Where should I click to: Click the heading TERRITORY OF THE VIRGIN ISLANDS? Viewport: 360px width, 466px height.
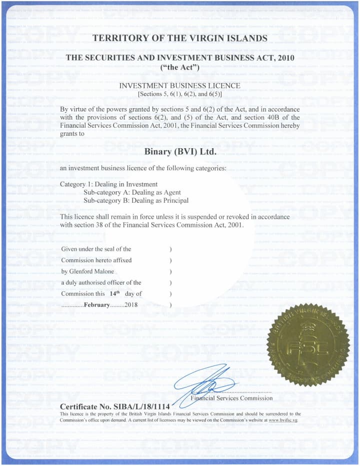pyautogui.click(x=180, y=38)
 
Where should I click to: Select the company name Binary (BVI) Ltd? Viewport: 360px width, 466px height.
pyautogui.click(x=180, y=151)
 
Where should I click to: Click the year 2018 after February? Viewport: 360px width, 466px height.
pyautogui.click(x=131, y=305)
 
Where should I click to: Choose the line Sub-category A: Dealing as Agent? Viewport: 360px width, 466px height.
pyautogui.click(x=132, y=192)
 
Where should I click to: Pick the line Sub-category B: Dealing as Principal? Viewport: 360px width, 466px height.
pyautogui.click(x=135, y=200)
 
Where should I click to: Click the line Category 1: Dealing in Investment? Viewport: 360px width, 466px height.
pyautogui.click(x=108, y=184)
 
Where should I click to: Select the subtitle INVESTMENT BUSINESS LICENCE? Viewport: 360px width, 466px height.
pyautogui.click(x=180, y=86)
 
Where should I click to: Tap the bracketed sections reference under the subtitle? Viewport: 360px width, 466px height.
pyautogui.click(x=180, y=94)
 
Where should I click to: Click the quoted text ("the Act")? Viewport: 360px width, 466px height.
pyautogui.click(x=180, y=67)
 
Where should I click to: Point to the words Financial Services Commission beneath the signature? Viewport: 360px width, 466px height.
pyautogui.click(x=232, y=398)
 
